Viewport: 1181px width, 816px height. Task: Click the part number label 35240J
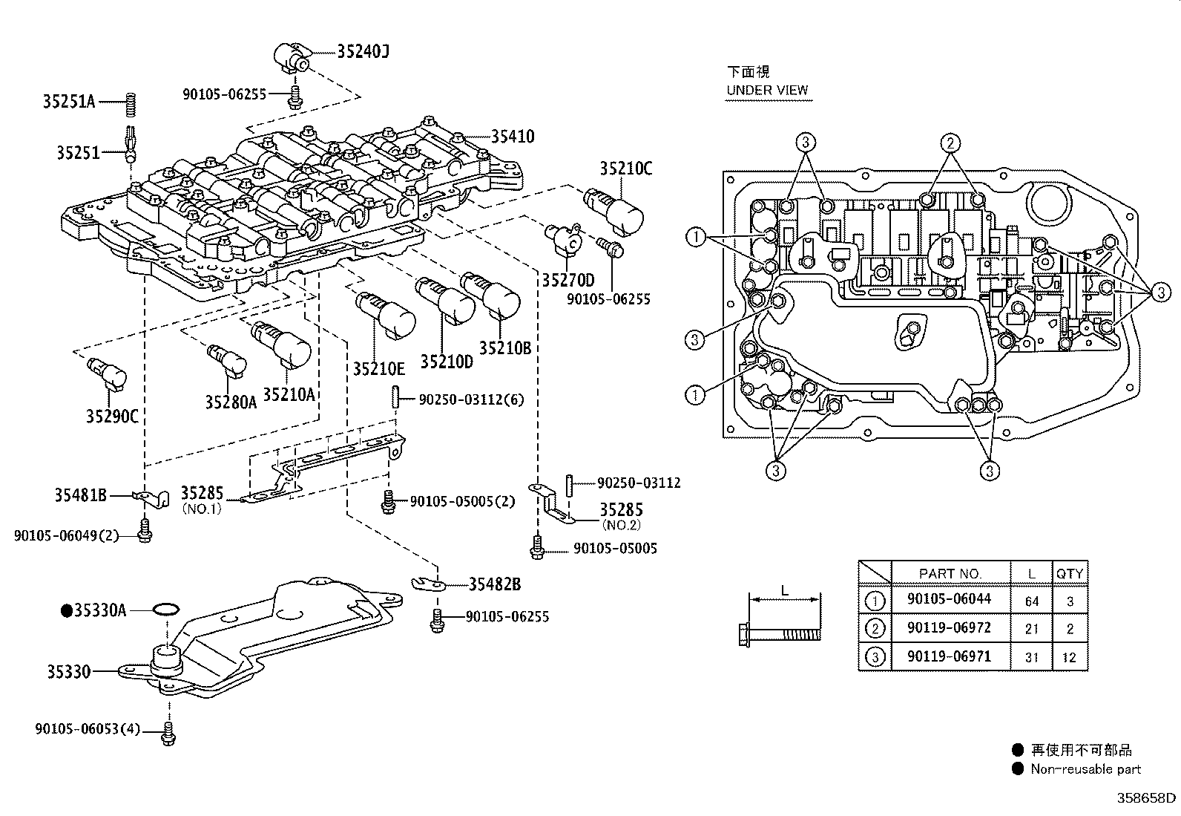pyautogui.click(x=363, y=51)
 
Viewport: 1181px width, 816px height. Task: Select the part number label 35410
pyautogui.click(x=512, y=137)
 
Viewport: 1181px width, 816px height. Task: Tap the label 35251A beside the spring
pyautogui.click(x=69, y=102)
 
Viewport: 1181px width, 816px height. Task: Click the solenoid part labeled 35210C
pyautogui.click(x=615, y=209)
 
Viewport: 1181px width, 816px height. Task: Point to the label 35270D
pyautogui.click(x=568, y=281)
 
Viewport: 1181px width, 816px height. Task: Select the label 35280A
pyautogui.click(x=231, y=402)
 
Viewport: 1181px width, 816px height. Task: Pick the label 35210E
pyautogui.click(x=378, y=369)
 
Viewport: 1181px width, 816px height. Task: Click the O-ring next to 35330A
pyautogui.click(x=165, y=610)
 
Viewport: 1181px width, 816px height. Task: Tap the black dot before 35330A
pyautogui.click(x=66, y=610)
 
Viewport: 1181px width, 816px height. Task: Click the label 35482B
pyautogui.click(x=494, y=585)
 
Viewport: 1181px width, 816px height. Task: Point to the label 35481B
pyautogui.click(x=81, y=495)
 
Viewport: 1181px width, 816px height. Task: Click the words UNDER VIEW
pyautogui.click(x=767, y=91)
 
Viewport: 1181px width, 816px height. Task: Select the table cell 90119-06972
pyautogui.click(x=949, y=628)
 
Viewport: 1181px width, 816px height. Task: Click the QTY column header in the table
pyautogui.click(x=1069, y=574)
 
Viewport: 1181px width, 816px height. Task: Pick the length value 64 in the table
pyautogui.click(x=1032, y=601)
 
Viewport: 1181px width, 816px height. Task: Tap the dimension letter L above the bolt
pyautogui.click(x=784, y=590)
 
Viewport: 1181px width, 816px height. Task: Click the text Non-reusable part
pyautogui.click(x=1085, y=769)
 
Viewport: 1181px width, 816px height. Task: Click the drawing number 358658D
pyautogui.click(x=1147, y=798)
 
